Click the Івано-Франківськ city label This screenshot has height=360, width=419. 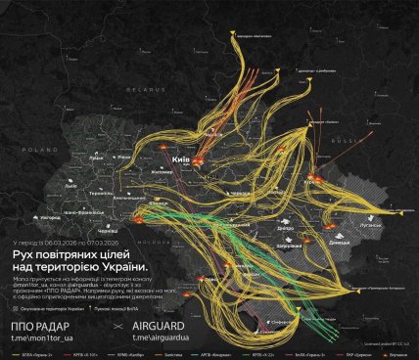(78, 211)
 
